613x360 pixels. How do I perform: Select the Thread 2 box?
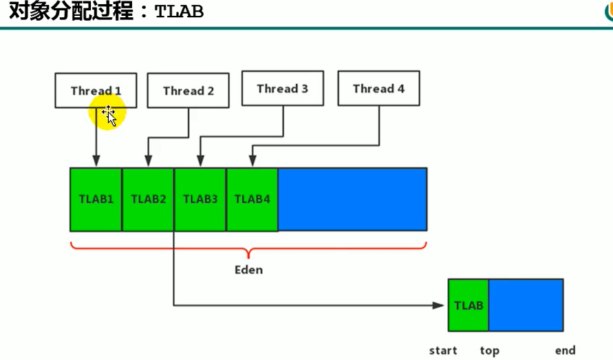[189, 91]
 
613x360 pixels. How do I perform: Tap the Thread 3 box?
[282, 88]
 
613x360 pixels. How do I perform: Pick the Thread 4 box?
[378, 88]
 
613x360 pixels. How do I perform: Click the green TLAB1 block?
[96, 200]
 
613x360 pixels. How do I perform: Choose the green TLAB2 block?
[148, 200]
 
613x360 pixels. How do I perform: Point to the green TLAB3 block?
[200, 200]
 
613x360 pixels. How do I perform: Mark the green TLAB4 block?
[252, 200]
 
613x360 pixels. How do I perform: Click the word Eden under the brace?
[248, 270]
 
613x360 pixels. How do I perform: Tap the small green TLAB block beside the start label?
[469, 306]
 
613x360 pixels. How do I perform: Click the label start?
[443, 351]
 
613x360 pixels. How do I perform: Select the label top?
[489, 351]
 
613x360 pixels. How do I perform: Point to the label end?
[565, 351]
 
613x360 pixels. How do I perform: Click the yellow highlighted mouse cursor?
[108, 114]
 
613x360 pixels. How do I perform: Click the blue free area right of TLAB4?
[352, 200]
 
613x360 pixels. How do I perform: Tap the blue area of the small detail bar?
[526, 306]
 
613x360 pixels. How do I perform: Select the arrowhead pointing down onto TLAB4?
[252, 162]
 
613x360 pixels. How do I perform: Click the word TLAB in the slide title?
[180, 12]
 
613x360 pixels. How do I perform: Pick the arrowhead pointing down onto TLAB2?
[148, 162]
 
